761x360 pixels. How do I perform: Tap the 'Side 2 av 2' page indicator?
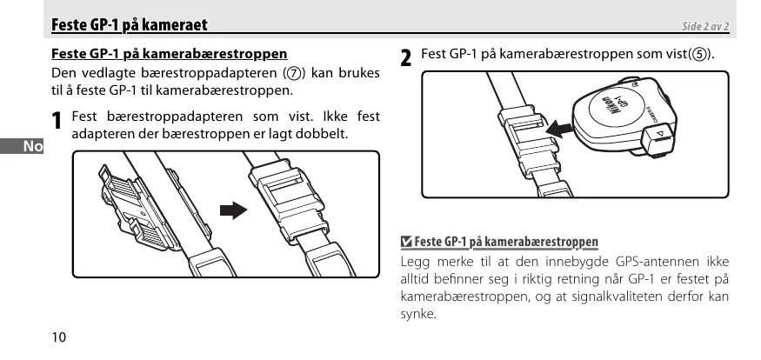point(704,27)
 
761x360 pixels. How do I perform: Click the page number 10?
point(58,337)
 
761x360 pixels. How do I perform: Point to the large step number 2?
point(406,59)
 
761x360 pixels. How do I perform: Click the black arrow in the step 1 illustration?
point(232,210)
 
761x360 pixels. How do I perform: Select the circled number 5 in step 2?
point(698,55)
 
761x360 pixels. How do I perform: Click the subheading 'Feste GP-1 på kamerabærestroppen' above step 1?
point(170,54)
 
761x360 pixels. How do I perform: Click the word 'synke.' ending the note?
point(418,314)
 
